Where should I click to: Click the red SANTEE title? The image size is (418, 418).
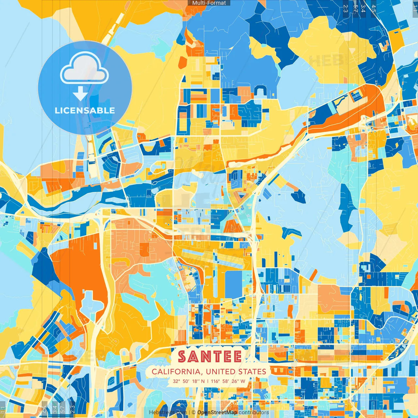click(x=210, y=357)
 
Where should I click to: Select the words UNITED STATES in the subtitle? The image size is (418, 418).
click(x=236, y=372)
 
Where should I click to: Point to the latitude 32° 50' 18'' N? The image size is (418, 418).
click(x=189, y=381)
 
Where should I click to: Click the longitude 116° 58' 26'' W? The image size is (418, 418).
click(x=228, y=381)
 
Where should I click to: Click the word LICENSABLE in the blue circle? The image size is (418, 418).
click(x=85, y=110)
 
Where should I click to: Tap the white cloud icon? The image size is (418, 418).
click(x=85, y=69)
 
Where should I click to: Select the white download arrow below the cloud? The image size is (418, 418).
click(x=80, y=94)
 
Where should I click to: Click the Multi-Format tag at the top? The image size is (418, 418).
click(x=209, y=3)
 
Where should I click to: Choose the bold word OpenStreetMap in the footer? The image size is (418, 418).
click(x=217, y=412)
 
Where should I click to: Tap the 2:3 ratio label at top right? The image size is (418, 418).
click(x=346, y=8)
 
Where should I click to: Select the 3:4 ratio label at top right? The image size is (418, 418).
click(x=363, y=8)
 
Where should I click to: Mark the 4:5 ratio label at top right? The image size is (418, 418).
click(x=373, y=8)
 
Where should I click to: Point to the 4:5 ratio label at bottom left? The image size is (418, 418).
click(x=44, y=409)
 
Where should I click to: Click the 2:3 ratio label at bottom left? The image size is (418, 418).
click(x=72, y=409)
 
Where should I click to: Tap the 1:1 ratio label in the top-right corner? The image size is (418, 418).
click(x=415, y=8)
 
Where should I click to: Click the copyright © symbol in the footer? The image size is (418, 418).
click(x=194, y=412)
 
